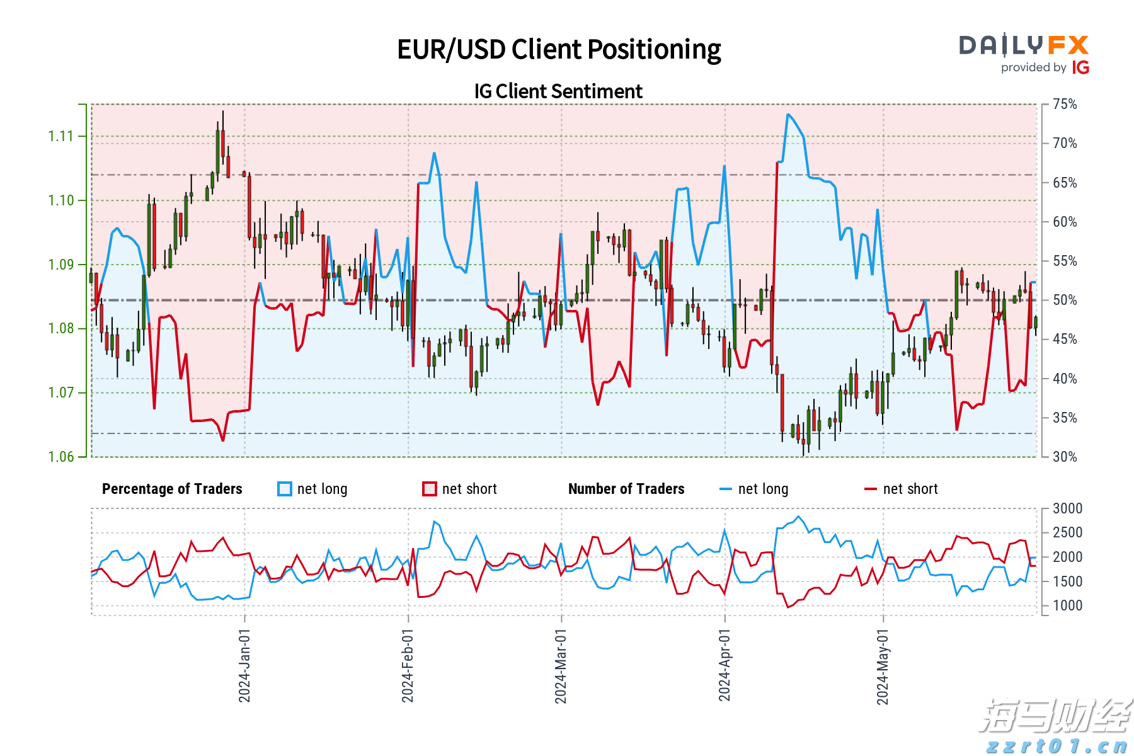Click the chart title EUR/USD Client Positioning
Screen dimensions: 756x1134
[559, 50]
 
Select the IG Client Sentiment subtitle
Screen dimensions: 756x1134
[558, 91]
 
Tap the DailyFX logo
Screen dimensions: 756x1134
[1024, 45]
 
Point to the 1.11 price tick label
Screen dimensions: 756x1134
[60, 136]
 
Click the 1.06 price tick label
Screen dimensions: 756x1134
[60, 457]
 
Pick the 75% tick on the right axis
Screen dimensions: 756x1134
[1065, 105]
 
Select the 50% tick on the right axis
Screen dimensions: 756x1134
[1065, 300]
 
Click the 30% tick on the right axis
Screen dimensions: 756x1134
[1065, 457]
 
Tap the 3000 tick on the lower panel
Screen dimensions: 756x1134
[1067, 508]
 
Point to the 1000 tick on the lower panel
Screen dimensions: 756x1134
[1067, 605]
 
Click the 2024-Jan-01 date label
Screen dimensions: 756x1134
[244, 665]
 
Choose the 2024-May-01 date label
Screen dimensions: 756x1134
[883, 667]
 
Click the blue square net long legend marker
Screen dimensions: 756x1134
[285, 489]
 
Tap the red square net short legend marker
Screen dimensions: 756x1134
[430, 489]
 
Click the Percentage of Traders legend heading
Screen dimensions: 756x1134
[172, 489]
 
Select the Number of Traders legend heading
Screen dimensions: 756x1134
[626, 489]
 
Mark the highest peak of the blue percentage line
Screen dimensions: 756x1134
[788, 115]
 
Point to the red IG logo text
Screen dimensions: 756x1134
[1080, 67]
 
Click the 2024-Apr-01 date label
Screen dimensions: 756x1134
[724, 665]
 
